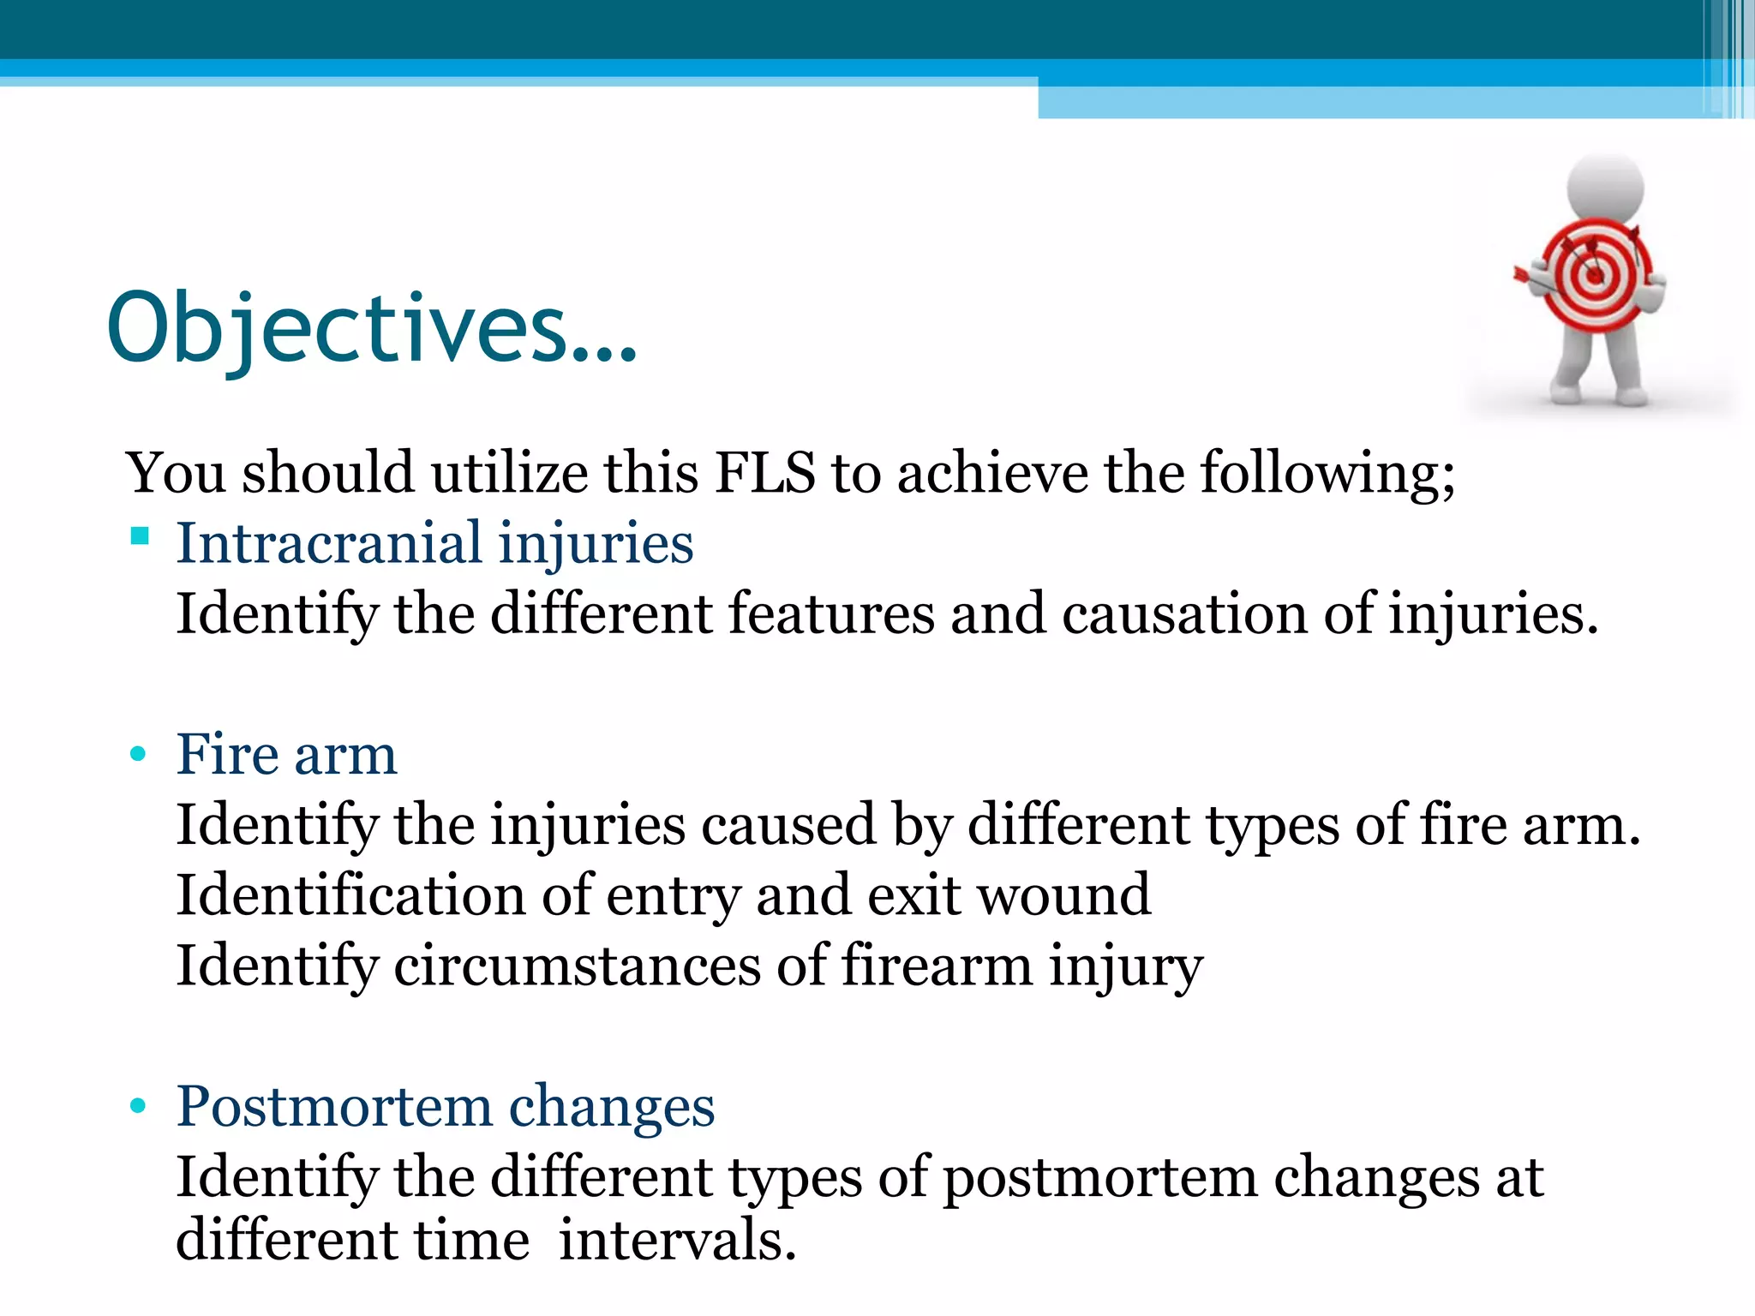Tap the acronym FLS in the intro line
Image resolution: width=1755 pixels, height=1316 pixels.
764,473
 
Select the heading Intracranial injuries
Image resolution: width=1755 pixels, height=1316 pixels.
434,543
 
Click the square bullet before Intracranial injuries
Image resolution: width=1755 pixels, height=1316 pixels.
140,537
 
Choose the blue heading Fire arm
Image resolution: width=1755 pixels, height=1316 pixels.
286,755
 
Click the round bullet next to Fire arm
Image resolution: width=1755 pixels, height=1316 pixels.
138,755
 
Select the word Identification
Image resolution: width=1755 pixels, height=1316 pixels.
350,895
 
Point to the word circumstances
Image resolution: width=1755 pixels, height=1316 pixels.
577,966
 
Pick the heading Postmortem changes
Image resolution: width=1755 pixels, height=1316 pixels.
445,1106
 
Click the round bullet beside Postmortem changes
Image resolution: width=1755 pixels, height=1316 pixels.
138,1106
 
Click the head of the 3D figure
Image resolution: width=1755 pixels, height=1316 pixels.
1605,188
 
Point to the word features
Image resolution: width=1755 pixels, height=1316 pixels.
831,614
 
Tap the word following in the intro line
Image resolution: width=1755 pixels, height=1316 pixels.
1326,473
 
